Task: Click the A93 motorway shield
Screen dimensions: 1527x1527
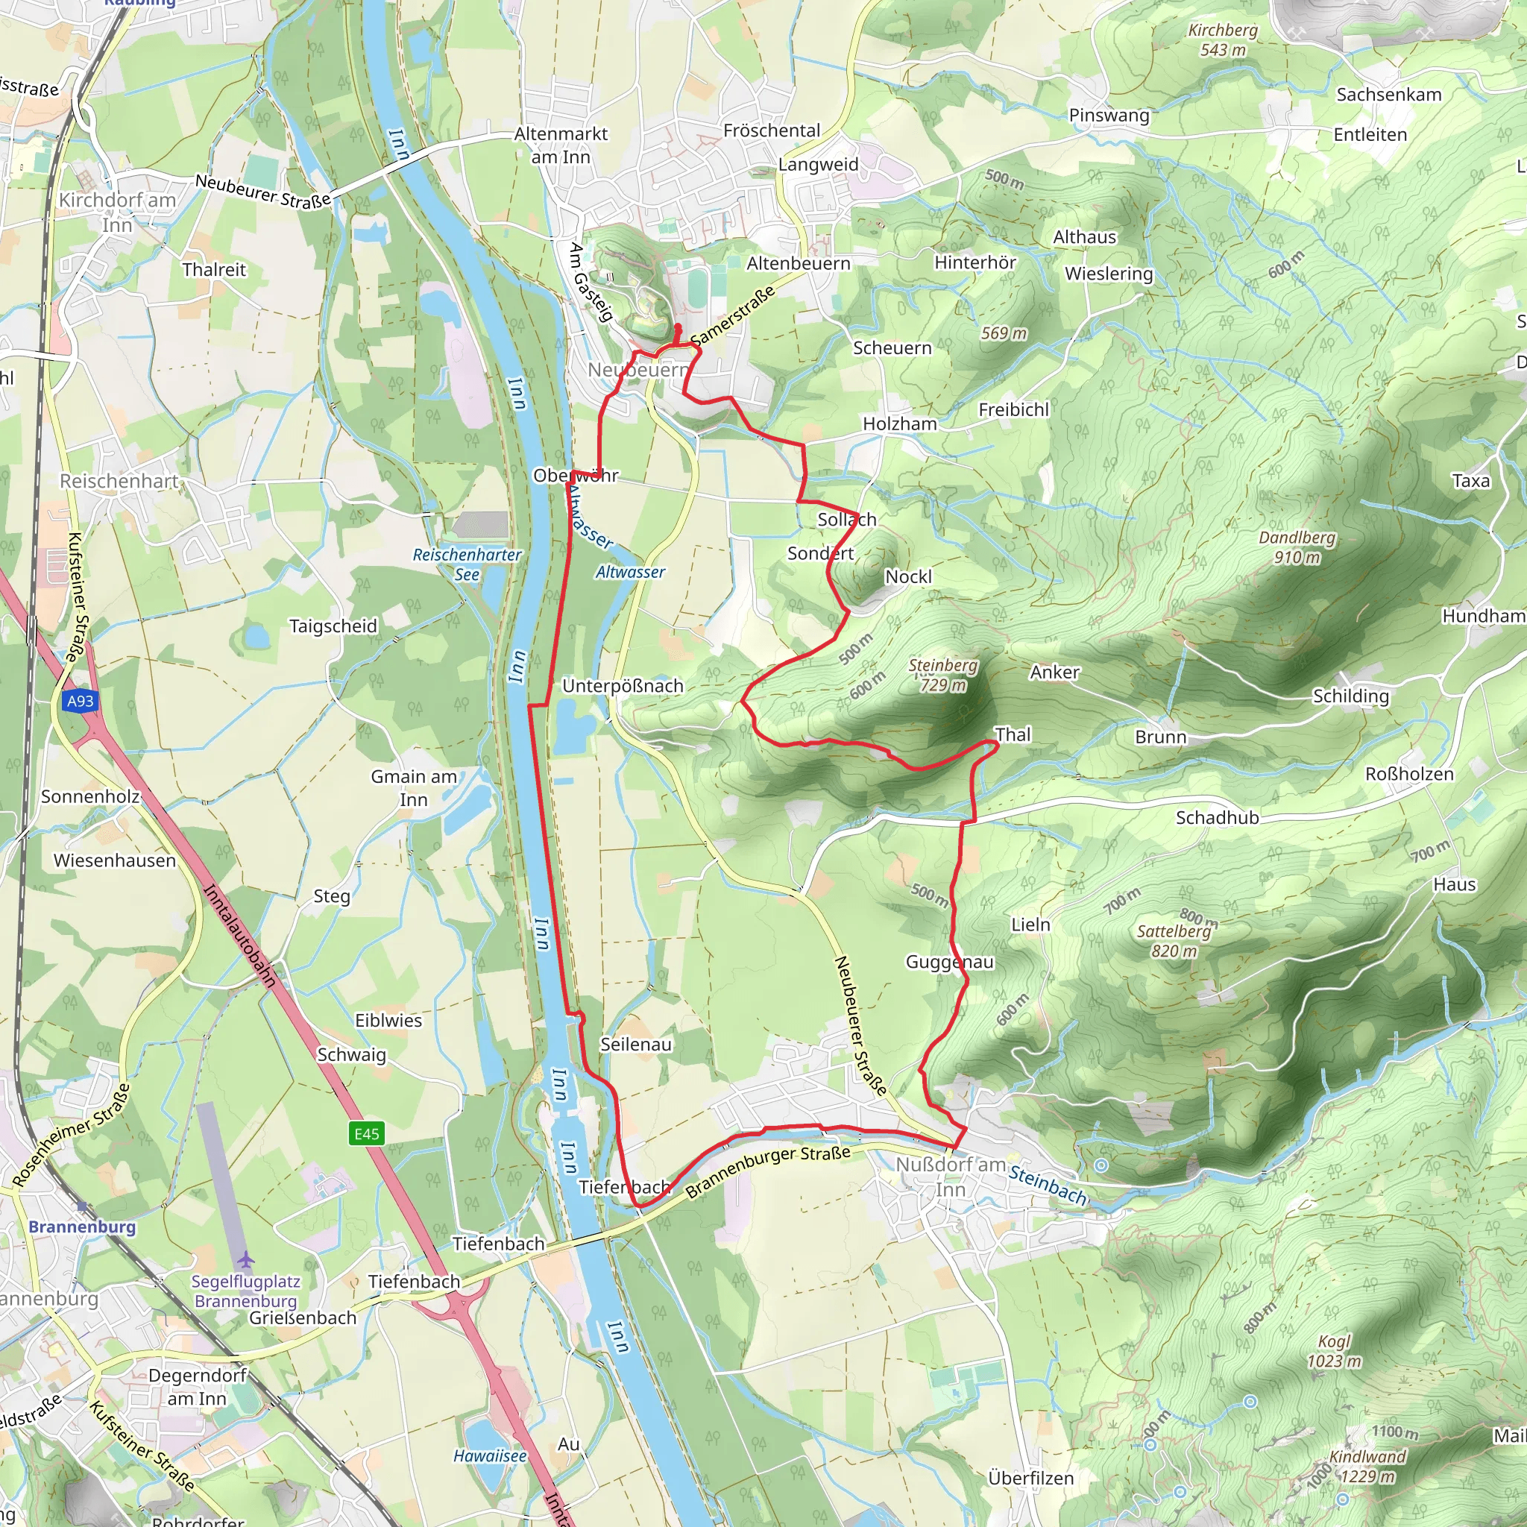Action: point(80,701)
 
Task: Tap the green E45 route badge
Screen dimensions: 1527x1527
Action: point(367,1134)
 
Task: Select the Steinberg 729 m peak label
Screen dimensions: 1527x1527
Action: point(943,675)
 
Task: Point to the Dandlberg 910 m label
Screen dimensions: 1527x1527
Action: point(1297,547)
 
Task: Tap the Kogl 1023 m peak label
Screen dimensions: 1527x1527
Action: point(1334,1351)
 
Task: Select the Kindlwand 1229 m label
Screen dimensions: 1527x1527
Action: point(1367,1466)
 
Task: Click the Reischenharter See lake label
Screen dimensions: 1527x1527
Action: point(467,564)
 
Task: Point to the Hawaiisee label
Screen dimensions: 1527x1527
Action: point(490,1456)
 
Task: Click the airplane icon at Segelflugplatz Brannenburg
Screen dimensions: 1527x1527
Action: point(247,1259)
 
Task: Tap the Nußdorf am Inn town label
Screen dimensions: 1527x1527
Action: point(950,1177)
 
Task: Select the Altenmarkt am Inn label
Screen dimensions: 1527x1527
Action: point(561,145)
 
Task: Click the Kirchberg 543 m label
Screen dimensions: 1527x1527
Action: point(1223,40)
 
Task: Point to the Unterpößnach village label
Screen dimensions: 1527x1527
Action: point(623,686)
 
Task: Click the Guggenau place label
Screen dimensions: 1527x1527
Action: point(949,962)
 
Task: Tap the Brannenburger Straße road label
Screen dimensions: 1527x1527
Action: point(767,1172)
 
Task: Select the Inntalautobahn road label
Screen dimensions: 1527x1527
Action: point(240,936)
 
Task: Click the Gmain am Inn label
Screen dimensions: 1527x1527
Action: point(414,788)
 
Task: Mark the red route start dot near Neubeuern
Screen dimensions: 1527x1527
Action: point(677,327)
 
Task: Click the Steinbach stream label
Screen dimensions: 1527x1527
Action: point(1048,1186)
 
